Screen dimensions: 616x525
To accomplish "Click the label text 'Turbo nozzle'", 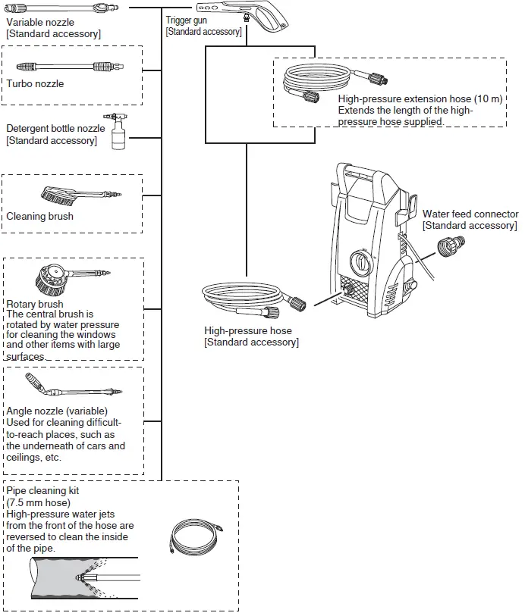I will (x=35, y=84).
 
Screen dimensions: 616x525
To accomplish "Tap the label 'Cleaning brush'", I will (x=40, y=217).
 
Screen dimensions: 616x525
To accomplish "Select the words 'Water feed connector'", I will (x=470, y=214).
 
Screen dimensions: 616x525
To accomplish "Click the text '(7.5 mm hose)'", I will (x=39, y=502).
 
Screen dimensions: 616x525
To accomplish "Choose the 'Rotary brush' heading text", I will (x=35, y=305).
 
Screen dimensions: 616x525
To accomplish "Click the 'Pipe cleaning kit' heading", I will (x=42, y=491).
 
